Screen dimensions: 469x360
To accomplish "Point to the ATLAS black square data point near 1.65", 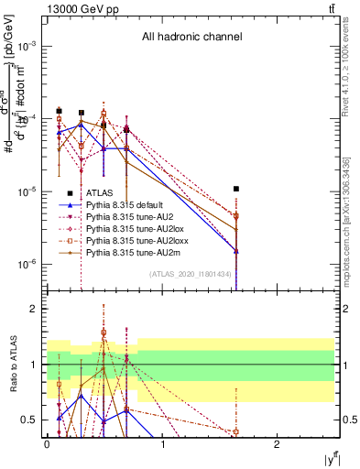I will coord(236,189).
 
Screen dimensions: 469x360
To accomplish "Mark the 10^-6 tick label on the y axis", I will coord(27,264).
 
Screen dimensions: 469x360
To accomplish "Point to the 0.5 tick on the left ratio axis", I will coord(30,420).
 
